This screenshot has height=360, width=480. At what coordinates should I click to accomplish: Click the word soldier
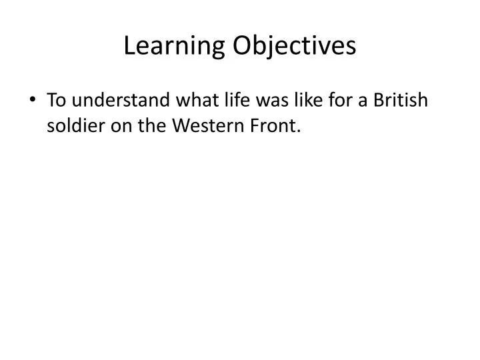(74, 125)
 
